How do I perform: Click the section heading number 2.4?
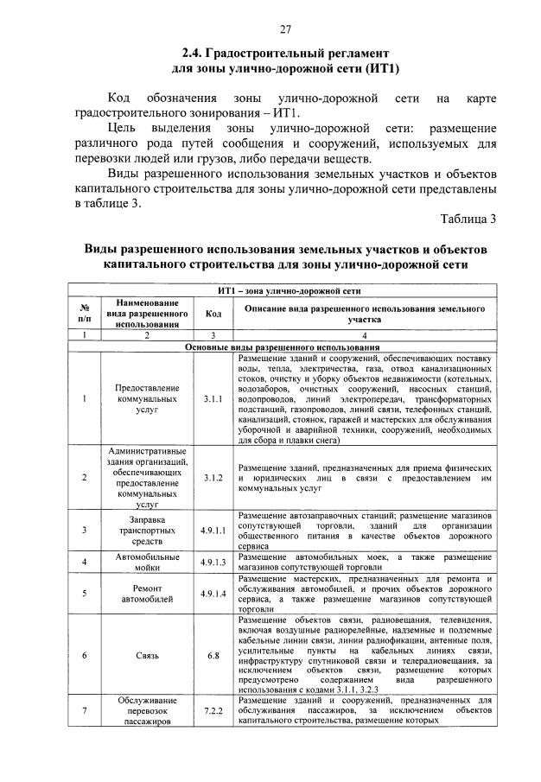click(194, 54)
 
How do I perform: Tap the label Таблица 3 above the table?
click(468, 218)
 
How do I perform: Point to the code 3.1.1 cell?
click(213, 399)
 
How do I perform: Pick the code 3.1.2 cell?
click(213, 477)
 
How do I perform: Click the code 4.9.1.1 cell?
click(213, 530)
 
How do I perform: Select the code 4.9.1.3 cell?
click(213, 562)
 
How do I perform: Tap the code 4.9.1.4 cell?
click(213, 594)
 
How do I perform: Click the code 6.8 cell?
click(213, 656)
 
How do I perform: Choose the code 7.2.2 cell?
click(213, 710)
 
